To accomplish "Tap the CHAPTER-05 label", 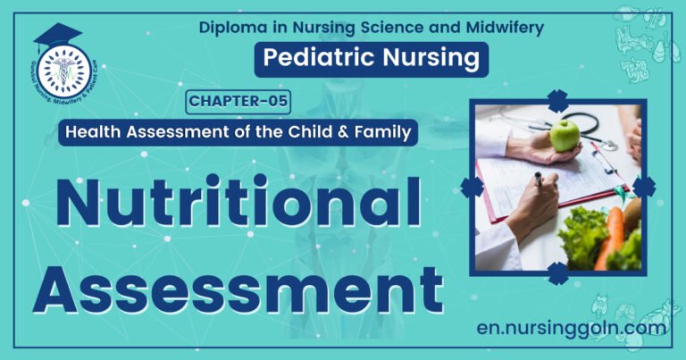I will pos(238,102).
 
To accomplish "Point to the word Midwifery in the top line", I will pos(506,28).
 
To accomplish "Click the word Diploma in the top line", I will pos(233,28).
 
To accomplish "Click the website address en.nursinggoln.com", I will pos(572,328).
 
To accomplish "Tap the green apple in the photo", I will pos(565,135).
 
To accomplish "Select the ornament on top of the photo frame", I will pos(557,101).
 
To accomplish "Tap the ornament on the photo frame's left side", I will pos(472,187).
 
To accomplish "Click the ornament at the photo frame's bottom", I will pos(557,272).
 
